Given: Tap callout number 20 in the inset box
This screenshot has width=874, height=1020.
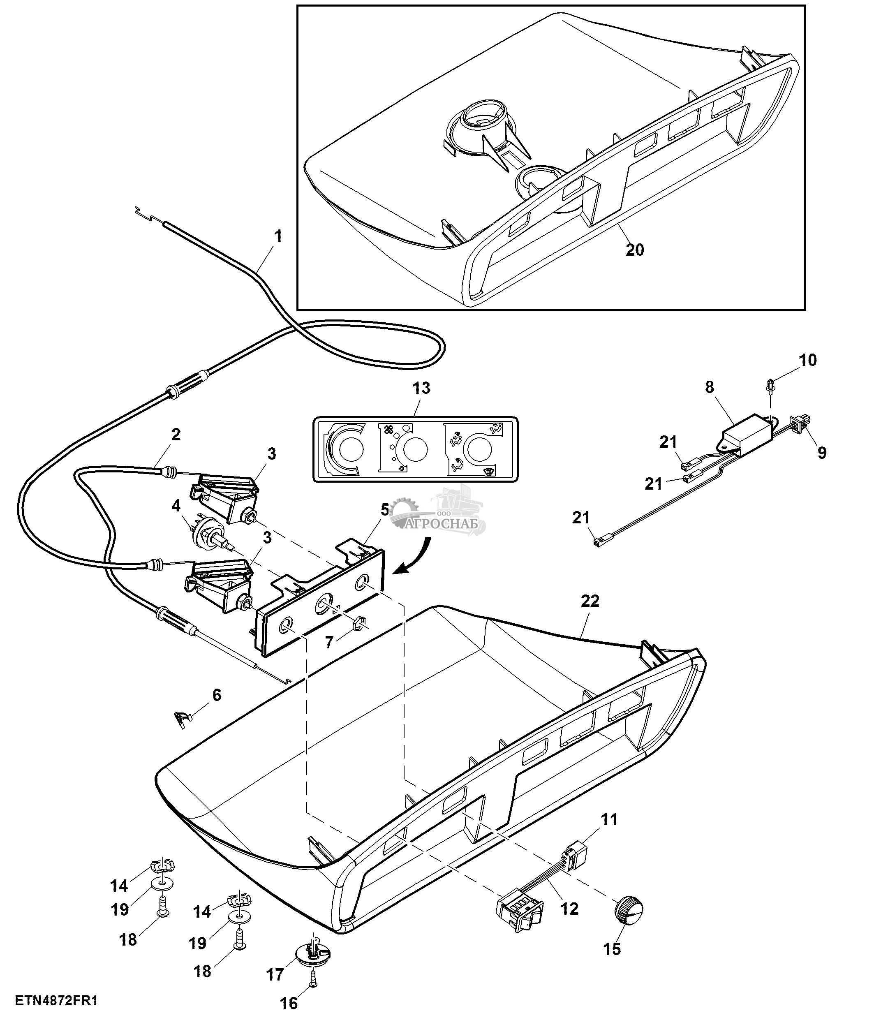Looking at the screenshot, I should tap(634, 250).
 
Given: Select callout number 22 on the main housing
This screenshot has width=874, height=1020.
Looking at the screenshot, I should tap(590, 601).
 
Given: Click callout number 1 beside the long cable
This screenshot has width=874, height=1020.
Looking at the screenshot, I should tap(278, 236).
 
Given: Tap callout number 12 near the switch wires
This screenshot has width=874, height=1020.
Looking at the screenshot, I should tap(569, 909).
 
